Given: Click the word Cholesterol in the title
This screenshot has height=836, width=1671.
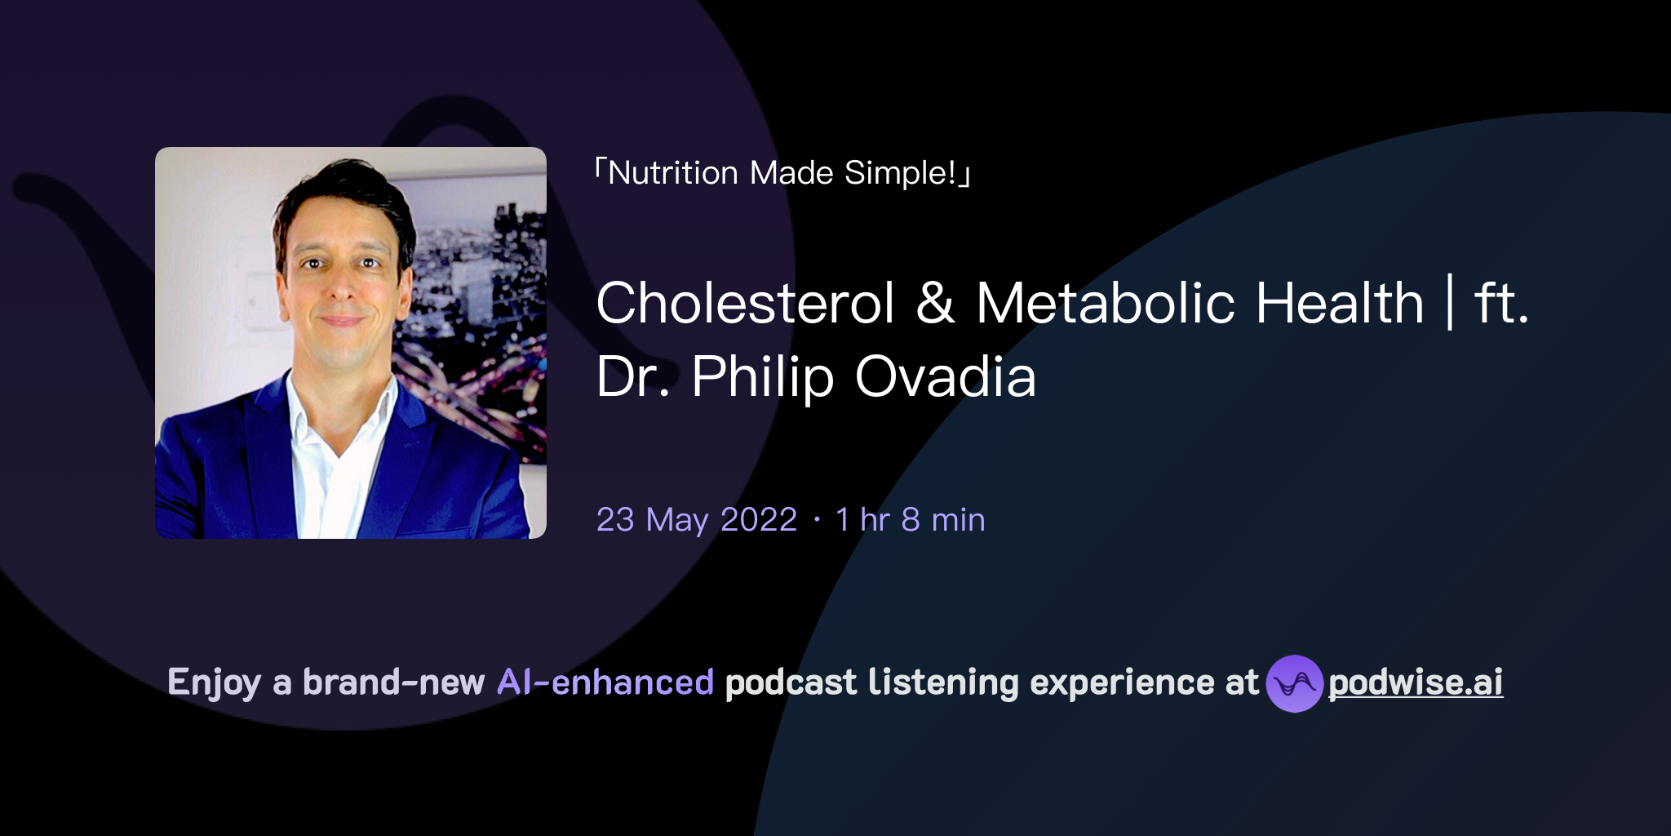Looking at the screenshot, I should coord(745,304).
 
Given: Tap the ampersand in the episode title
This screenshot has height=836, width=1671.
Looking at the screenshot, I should coord(935,304).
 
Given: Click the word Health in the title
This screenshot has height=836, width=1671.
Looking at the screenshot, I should coord(1339,304).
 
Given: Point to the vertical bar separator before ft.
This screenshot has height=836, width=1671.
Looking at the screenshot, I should coord(1450,302).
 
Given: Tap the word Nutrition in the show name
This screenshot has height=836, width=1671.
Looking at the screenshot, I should coord(673,173).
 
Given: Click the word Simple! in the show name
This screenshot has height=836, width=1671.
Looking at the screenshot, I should coord(900,173).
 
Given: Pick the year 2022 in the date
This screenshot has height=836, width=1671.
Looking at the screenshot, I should coord(759,520).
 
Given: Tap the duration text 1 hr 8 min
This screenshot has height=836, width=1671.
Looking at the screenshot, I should coord(910,520).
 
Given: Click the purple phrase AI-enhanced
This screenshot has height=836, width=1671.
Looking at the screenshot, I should coord(605,683).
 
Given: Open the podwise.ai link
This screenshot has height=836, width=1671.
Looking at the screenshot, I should coord(1415,683).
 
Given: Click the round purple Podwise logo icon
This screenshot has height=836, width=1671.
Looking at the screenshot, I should coord(1293,683).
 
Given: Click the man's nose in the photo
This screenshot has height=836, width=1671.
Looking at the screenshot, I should coord(341,286).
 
